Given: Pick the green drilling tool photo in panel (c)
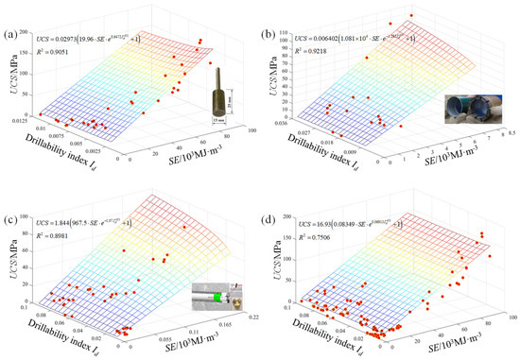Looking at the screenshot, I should [x=214, y=299].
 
